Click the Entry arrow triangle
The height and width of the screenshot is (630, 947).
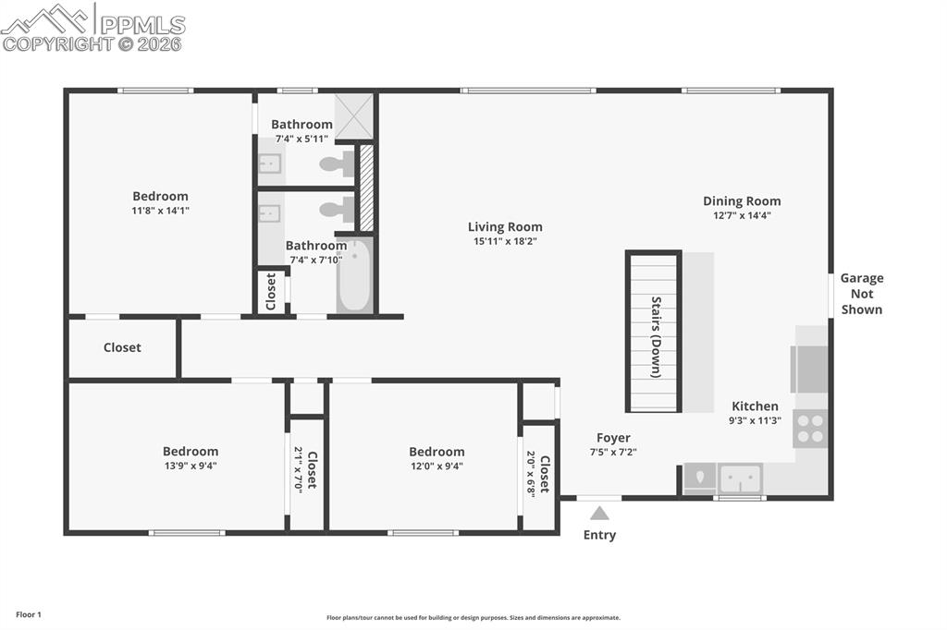click(x=600, y=514)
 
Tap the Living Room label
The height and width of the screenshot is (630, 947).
click(x=505, y=226)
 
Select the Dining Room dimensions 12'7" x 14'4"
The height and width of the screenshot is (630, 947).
click(x=742, y=215)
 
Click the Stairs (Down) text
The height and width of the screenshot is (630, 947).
click(x=656, y=336)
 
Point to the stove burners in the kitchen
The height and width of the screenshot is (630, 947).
click(x=810, y=429)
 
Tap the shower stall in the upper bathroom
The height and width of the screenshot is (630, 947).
click(x=353, y=115)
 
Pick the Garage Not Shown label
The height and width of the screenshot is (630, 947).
click(x=861, y=294)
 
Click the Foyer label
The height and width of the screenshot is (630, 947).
click(x=613, y=438)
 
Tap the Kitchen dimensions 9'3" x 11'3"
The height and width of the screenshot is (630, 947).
click(x=755, y=420)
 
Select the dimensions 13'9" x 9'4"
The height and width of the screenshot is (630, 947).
click(x=191, y=466)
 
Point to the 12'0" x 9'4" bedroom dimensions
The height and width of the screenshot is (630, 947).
click(x=437, y=466)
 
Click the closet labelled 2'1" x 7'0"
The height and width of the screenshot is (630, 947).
click(x=306, y=469)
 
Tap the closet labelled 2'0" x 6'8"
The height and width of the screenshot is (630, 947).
click(x=538, y=475)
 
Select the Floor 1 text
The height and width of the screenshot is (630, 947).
click(x=29, y=614)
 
